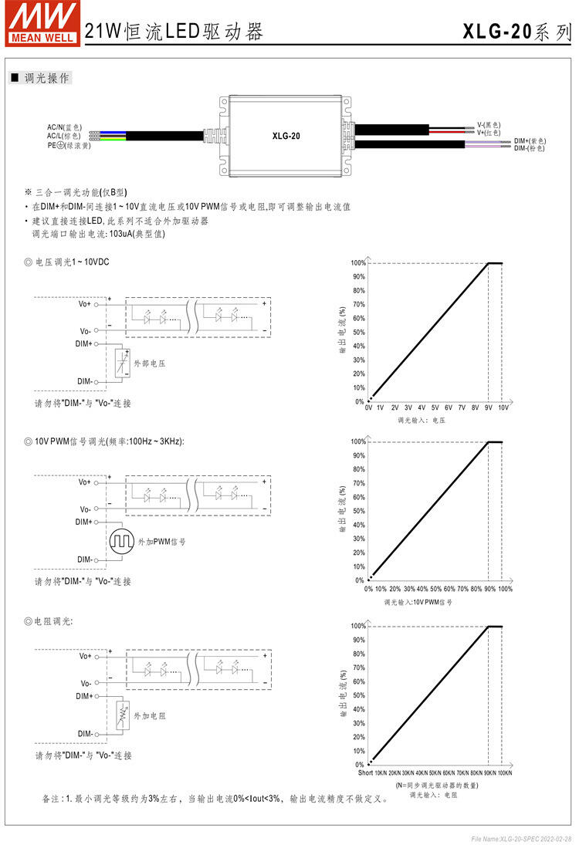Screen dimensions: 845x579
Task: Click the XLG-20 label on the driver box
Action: pos(286,136)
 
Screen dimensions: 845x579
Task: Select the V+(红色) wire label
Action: pos(489,133)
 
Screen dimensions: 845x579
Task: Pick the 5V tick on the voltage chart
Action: pos(435,407)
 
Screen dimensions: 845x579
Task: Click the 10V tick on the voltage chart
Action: pos(503,407)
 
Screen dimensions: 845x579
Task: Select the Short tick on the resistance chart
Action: pos(366,772)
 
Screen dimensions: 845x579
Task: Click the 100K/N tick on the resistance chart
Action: pos(503,772)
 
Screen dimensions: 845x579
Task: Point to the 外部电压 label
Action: pos(150,363)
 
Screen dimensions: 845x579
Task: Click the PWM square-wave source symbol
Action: pos(121,542)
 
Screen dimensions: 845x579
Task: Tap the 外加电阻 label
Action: pos(150,716)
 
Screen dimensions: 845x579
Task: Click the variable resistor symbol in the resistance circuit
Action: pos(121,715)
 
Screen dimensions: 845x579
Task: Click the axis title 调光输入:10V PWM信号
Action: pos(418,601)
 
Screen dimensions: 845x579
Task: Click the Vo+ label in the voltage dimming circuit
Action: pos(84,304)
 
